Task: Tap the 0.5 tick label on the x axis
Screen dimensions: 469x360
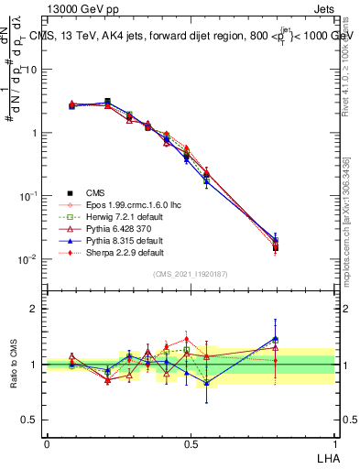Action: [x=191, y=442]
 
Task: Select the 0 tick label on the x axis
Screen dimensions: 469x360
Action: [x=47, y=442]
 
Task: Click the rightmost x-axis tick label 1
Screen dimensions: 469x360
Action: [x=334, y=442]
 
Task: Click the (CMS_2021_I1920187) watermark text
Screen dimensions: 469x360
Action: [x=191, y=274]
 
